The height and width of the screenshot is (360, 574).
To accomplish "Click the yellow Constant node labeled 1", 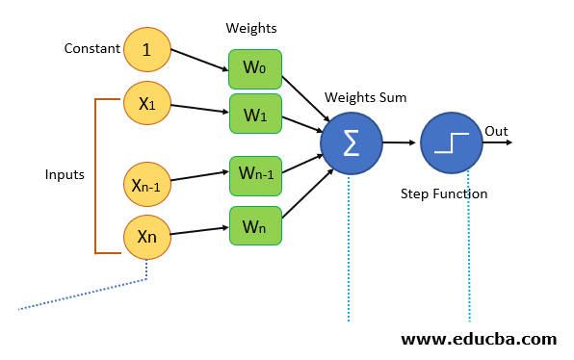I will pyautogui.click(x=147, y=49).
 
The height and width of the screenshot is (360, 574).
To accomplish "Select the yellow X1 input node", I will pyautogui.click(x=147, y=105).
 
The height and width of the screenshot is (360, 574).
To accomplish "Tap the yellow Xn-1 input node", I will pyautogui.click(x=146, y=185).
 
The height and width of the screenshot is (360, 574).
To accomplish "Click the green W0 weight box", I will pyautogui.click(x=255, y=69).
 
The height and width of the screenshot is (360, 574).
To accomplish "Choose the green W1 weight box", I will pyautogui.click(x=255, y=114).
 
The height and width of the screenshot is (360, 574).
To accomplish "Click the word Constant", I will pyautogui.click(x=91, y=48).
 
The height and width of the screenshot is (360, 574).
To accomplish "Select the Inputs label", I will pyautogui.click(x=65, y=174).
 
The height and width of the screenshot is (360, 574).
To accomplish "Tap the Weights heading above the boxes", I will pyautogui.click(x=250, y=29).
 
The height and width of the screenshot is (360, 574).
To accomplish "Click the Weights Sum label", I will pyautogui.click(x=365, y=97).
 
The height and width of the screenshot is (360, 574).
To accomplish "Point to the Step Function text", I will pyautogui.click(x=444, y=193).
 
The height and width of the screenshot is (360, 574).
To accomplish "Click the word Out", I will pyautogui.click(x=496, y=131).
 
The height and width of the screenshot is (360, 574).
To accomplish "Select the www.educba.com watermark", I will pyautogui.click(x=478, y=339).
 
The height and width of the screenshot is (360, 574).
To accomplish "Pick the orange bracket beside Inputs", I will pyautogui.click(x=96, y=174).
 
